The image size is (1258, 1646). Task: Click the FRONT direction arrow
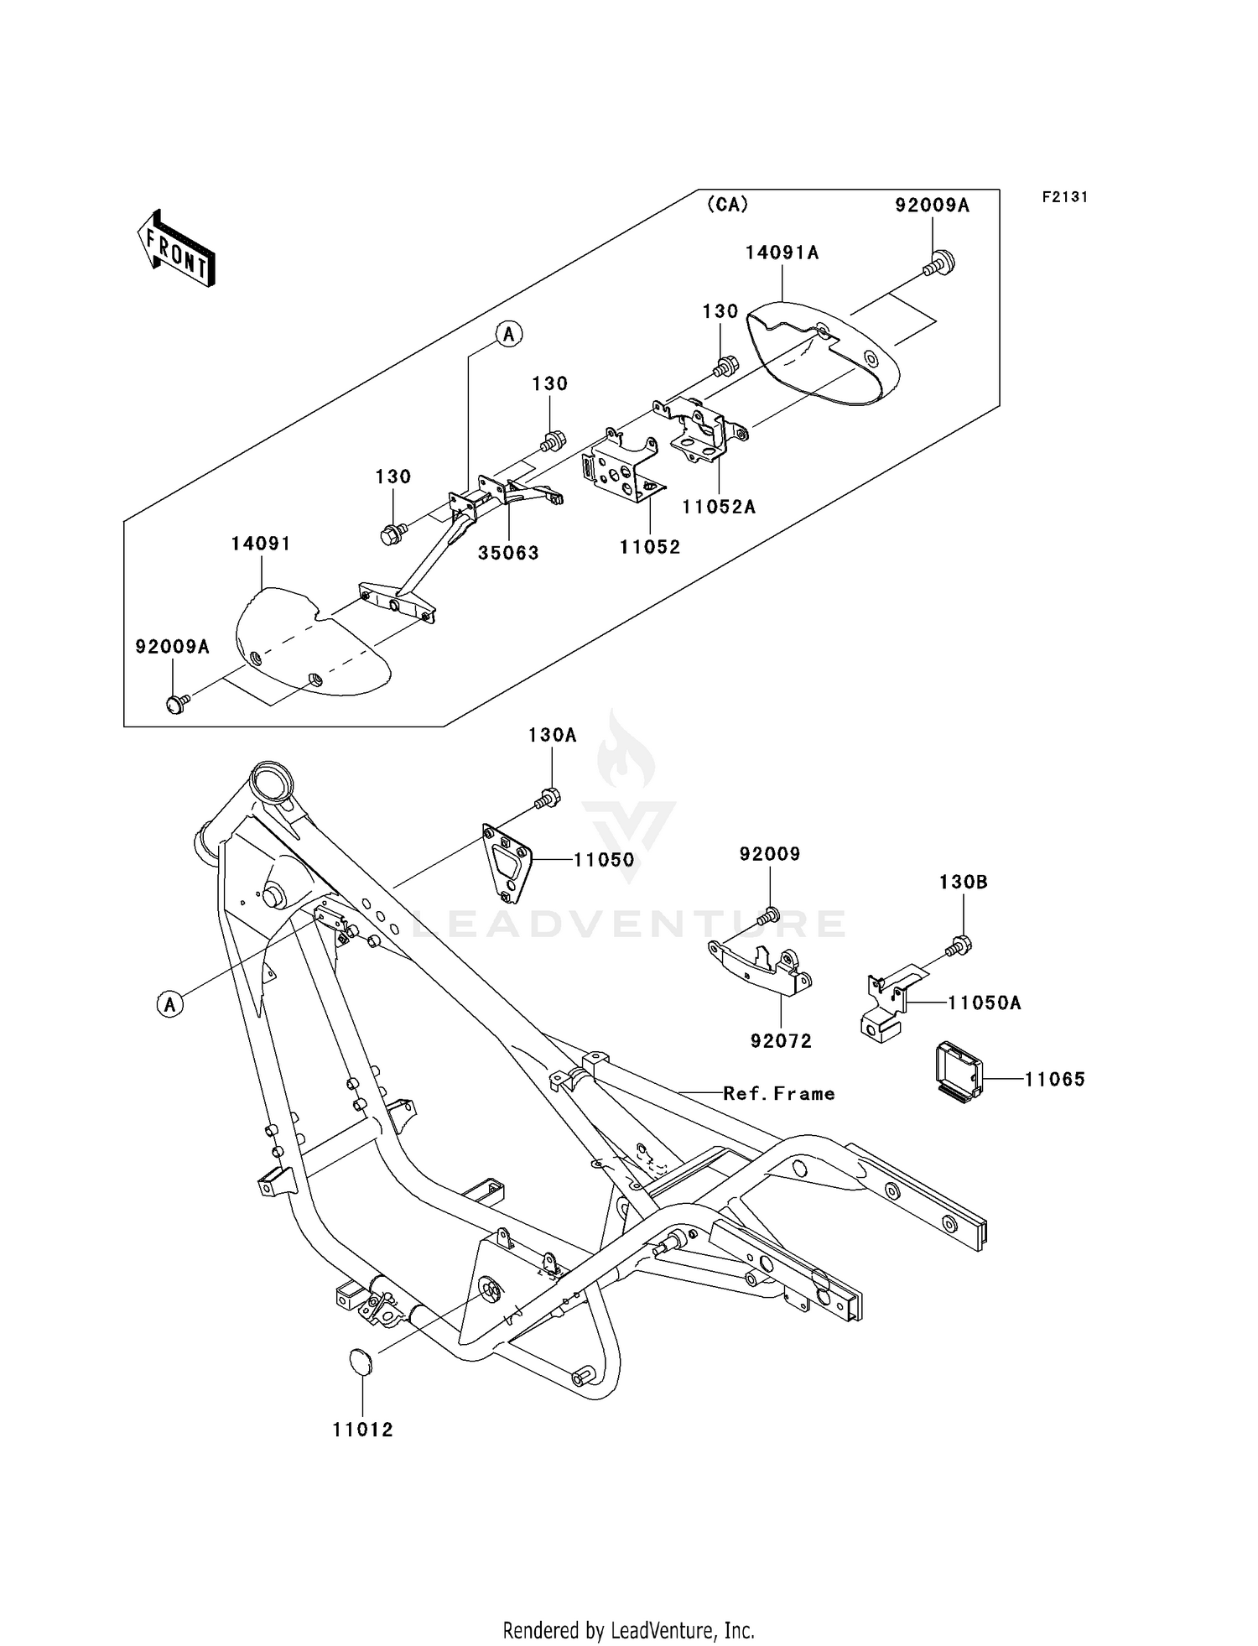pyautogui.click(x=177, y=248)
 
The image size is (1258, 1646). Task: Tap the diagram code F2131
pyautogui.click(x=1065, y=197)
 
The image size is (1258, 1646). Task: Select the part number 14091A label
pyautogui.click(x=782, y=253)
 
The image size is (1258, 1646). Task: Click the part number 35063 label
pyautogui.click(x=508, y=553)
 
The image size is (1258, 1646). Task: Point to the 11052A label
pyautogui.click(x=719, y=507)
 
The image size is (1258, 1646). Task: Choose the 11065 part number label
pyautogui.click(x=1054, y=1080)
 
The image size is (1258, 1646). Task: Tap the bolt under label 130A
pyautogui.click(x=548, y=798)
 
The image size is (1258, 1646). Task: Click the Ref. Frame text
pyautogui.click(x=779, y=1093)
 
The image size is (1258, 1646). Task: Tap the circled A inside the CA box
pyautogui.click(x=509, y=334)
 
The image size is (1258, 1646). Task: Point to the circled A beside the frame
pyautogui.click(x=170, y=1003)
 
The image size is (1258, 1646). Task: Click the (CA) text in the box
pyautogui.click(x=727, y=205)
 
